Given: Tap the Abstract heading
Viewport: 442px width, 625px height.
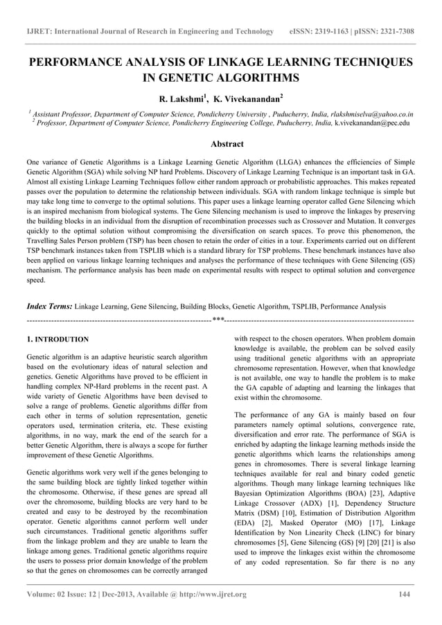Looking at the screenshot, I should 220,144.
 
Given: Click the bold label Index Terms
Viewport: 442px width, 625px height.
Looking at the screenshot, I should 48,306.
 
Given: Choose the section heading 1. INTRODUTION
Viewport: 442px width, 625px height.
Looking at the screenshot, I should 57,340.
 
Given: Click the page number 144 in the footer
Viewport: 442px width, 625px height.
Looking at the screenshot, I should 407,594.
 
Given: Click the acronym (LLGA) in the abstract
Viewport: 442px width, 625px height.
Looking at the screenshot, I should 288,161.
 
